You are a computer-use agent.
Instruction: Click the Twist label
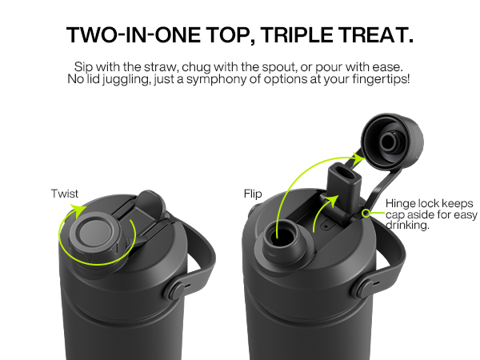pos(65,194)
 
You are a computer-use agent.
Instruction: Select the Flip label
pos(252,194)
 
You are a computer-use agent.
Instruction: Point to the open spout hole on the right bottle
pos(282,234)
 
